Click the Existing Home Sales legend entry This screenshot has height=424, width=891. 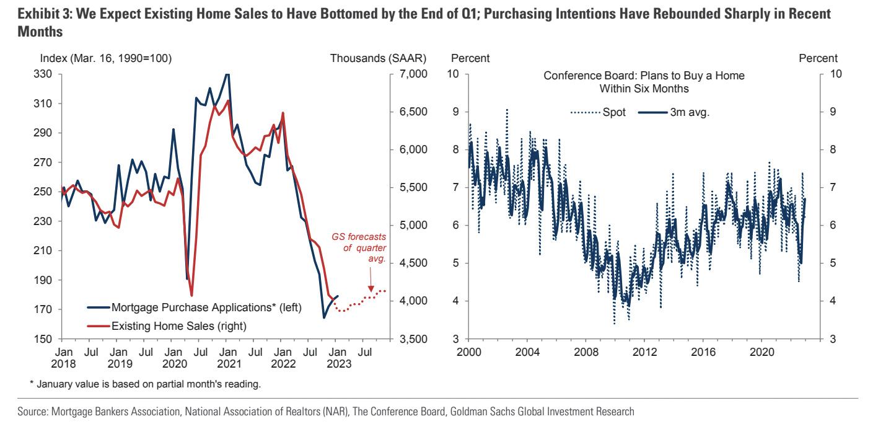[179, 325]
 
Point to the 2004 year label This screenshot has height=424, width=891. [527, 351]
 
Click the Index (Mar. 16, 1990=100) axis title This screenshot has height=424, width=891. [105, 59]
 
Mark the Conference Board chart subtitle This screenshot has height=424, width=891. [644, 82]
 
